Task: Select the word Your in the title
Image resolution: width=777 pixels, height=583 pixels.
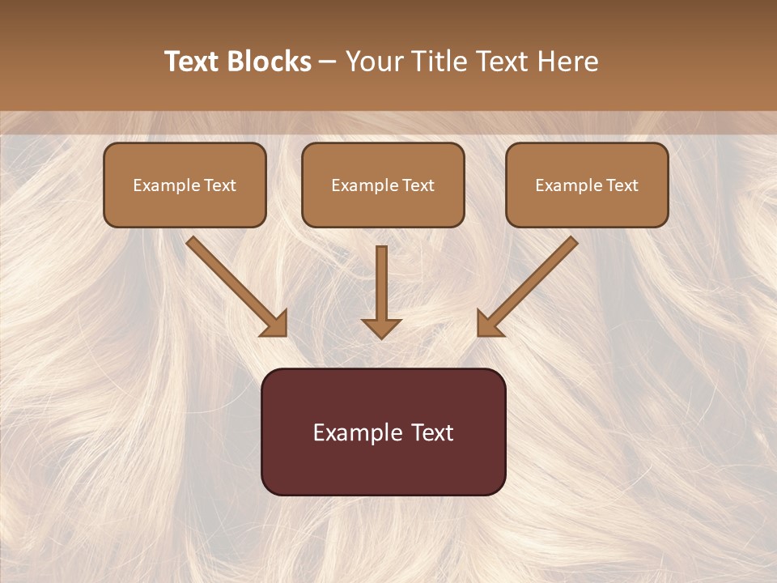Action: (372, 62)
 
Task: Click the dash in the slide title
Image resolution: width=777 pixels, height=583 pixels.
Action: (328, 62)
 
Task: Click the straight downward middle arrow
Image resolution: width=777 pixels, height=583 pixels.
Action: (381, 283)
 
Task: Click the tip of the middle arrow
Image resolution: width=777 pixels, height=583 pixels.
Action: (381, 336)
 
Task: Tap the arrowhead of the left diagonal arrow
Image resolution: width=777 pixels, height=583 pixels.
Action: (275, 325)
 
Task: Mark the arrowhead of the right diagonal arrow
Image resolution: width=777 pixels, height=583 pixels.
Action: (488, 325)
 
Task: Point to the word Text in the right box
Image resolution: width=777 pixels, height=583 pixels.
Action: (622, 185)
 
